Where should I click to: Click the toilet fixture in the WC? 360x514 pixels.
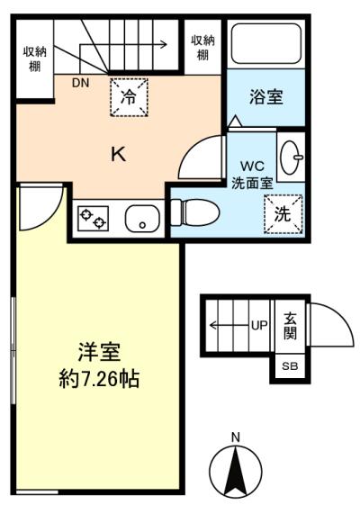pyautogui.click(x=195, y=212)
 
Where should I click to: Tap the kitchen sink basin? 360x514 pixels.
pyautogui.click(x=142, y=219)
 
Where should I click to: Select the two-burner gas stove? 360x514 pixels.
pyautogui.click(x=93, y=219)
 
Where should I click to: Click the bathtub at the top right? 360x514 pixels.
pyautogui.click(x=265, y=43)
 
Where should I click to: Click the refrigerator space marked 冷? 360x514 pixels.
pyautogui.click(x=129, y=97)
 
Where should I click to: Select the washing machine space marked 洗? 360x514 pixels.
pyautogui.click(x=283, y=214)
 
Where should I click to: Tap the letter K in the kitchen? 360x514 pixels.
pyautogui.click(x=119, y=154)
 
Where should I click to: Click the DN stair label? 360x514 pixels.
pyautogui.click(x=81, y=83)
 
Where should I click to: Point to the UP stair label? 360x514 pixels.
pyautogui.click(x=259, y=325)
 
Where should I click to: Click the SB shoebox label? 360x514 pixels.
pyautogui.click(x=290, y=365)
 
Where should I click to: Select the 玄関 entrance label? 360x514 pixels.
pyautogui.click(x=290, y=326)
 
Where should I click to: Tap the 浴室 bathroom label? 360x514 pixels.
pyautogui.click(x=265, y=96)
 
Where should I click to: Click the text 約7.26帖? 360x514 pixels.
pyautogui.click(x=99, y=379)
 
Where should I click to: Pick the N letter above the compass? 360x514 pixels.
pyautogui.click(x=236, y=437)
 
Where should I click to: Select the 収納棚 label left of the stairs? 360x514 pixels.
pyautogui.click(x=35, y=59)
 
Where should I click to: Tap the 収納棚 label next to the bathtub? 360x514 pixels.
pyautogui.click(x=202, y=48)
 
